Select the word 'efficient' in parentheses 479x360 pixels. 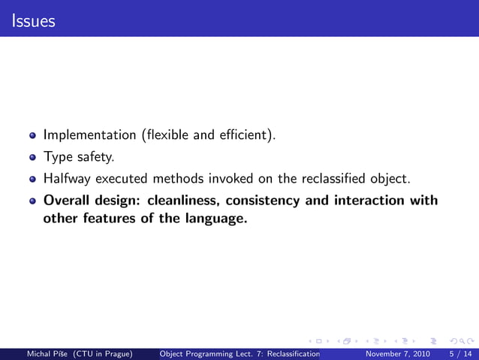245,136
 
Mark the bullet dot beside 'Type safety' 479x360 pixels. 32,159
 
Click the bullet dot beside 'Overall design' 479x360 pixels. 32,201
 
